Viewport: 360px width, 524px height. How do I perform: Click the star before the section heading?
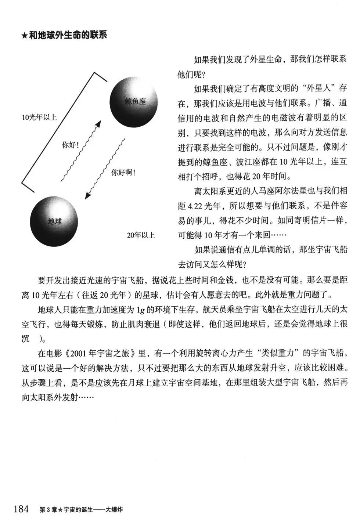click(x=25, y=36)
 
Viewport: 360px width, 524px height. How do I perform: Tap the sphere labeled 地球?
click(x=54, y=222)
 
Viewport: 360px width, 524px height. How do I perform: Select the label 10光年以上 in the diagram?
click(x=39, y=118)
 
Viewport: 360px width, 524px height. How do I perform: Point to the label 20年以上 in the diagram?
click(x=141, y=235)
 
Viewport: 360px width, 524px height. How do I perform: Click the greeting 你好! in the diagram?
click(x=71, y=145)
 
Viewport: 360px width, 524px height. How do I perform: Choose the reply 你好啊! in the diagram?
click(x=123, y=172)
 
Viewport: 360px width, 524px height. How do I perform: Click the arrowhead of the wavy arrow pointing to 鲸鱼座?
click(x=98, y=124)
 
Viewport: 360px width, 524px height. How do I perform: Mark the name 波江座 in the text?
click(x=245, y=162)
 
